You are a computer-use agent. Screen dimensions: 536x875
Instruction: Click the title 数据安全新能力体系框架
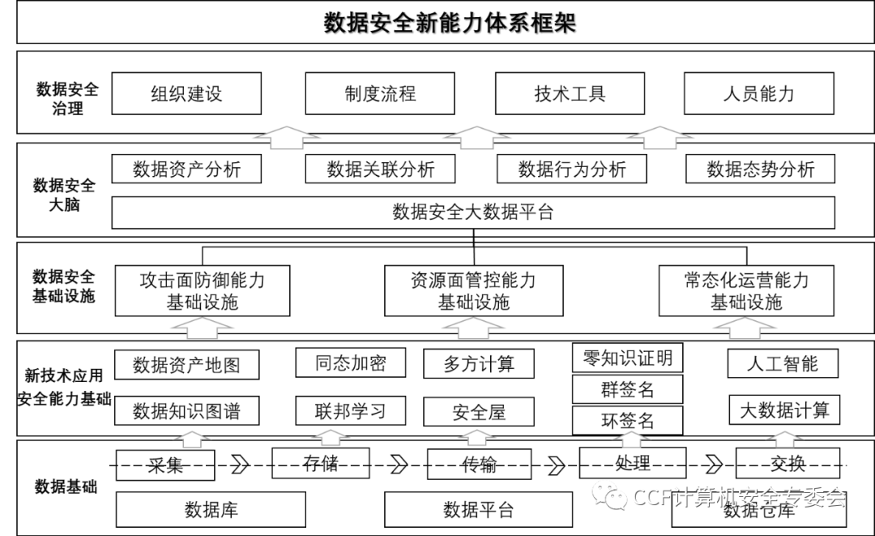[x=450, y=22]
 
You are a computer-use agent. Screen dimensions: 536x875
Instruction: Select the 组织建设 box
[x=186, y=93]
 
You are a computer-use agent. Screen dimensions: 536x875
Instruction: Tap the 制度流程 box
[x=380, y=93]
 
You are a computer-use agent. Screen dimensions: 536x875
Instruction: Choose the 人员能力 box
[x=758, y=93]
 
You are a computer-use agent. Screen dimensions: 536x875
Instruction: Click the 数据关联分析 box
[x=380, y=169]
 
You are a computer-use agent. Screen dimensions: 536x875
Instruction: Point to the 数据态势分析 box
[x=760, y=169]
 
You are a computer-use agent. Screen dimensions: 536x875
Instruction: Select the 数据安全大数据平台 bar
[x=473, y=212]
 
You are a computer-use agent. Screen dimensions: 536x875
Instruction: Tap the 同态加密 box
[x=351, y=362]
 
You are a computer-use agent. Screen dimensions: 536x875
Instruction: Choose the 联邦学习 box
[x=351, y=411]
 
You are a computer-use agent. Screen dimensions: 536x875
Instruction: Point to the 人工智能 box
[x=783, y=362]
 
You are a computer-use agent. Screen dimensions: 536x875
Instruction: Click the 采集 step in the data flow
[x=165, y=465]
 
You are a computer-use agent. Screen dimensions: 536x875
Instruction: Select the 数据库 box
[x=211, y=509]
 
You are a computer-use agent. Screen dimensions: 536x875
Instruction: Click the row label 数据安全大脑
[x=64, y=195]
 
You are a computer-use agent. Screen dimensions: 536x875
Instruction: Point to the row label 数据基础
[x=66, y=487]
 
